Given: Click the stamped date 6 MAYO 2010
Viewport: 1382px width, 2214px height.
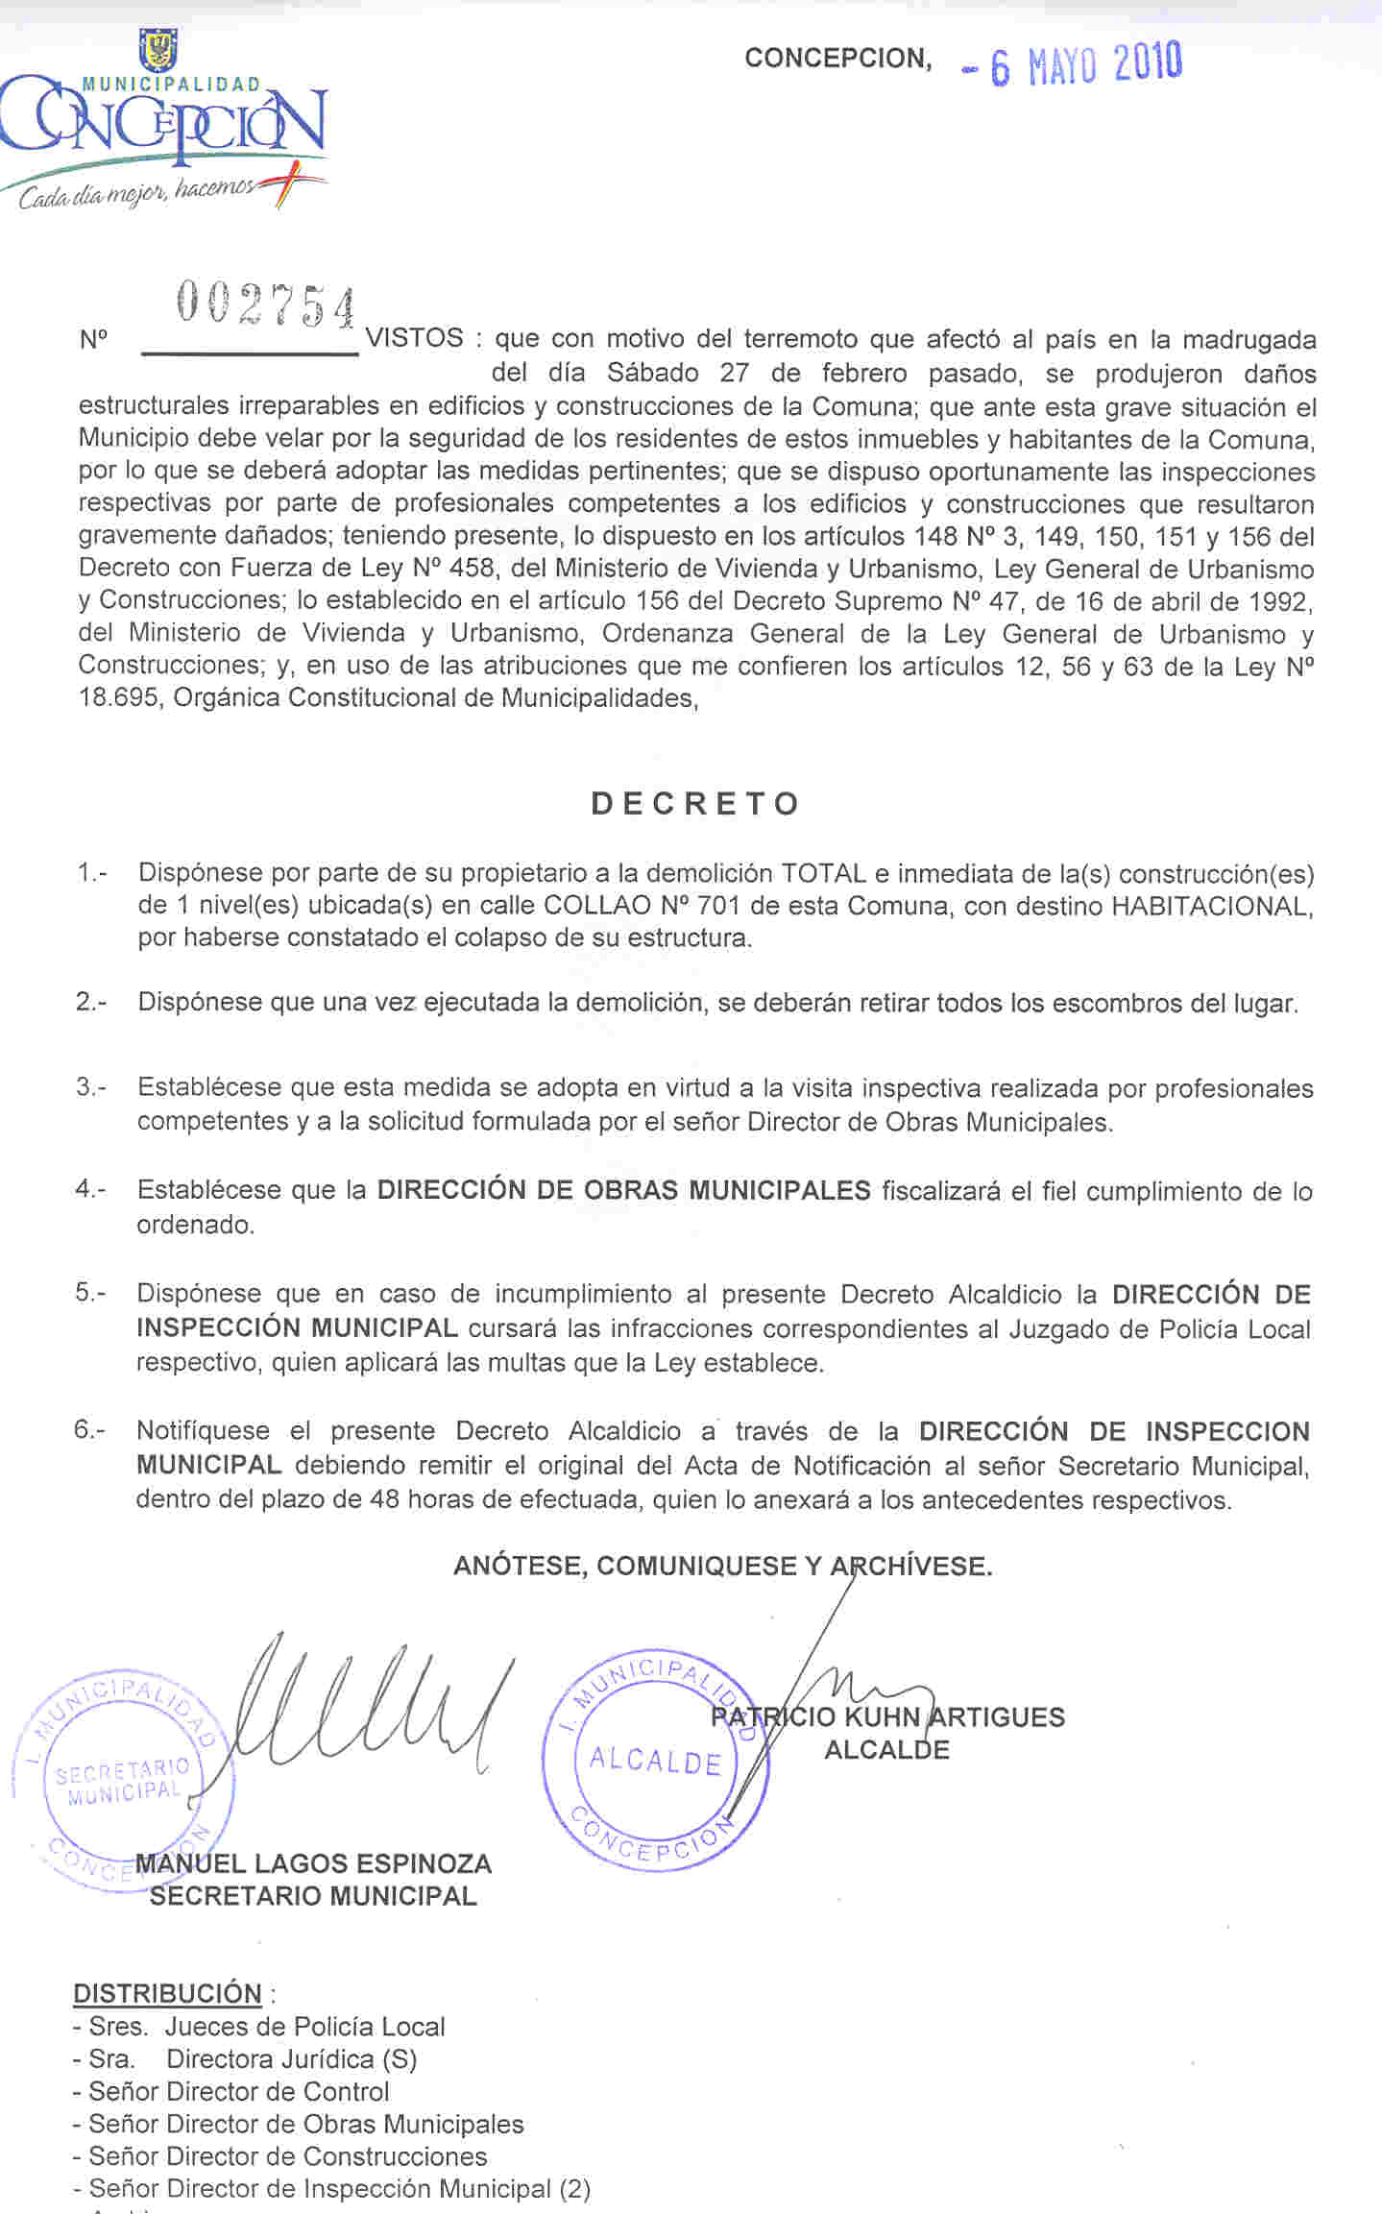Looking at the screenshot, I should pyautogui.click(x=1074, y=64).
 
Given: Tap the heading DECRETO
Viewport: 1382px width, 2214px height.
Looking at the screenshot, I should pyautogui.click(x=695, y=803).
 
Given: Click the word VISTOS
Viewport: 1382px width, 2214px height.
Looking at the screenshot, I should pyautogui.click(x=416, y=338).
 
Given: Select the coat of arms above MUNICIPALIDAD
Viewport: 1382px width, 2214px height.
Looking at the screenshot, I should pyautogui.click(x=158, y=48).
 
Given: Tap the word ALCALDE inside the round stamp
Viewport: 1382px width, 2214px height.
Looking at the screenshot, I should pyautogui.click(x=655, y=1761).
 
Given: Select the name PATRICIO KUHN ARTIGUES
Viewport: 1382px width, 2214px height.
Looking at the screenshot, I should pyautogui.click(x=887, y=1716).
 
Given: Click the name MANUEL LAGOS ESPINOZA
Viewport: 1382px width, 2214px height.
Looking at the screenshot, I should pyautogui.click(x=313, y=1864).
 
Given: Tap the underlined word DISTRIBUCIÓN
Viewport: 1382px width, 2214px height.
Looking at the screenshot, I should pyautogui.click(x=167, y=1994).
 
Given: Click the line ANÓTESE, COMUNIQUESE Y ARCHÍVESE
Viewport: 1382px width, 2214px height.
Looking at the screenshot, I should pyautogui.click(x=722, y=1566).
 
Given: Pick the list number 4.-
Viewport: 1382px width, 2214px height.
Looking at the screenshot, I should pyautogui.click(x=91, y=1189).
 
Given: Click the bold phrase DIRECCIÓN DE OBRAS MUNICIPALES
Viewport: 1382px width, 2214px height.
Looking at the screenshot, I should pyautogui.click(x=623, y=1190).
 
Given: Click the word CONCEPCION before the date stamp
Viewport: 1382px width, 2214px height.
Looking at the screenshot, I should pyautogui.click(x=837, y=59).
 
